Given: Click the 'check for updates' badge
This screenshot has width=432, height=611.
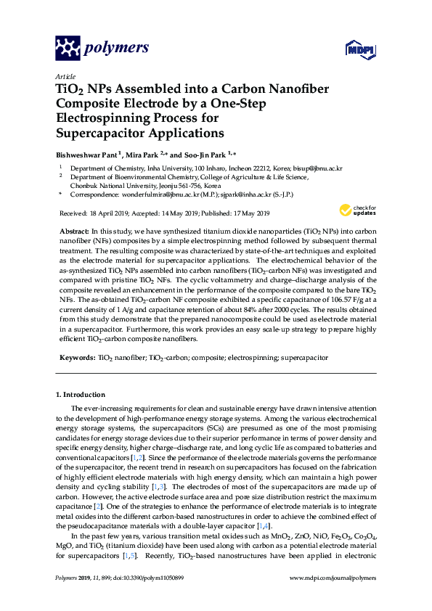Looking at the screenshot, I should (357, 211).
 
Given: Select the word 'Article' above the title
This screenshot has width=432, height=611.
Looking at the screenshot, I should (65, 76).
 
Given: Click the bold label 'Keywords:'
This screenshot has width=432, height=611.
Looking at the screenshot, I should (76, 358).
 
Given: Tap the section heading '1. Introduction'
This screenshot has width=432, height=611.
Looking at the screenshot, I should (81, 394).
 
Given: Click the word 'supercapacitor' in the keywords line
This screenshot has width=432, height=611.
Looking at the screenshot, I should (304, 358).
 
